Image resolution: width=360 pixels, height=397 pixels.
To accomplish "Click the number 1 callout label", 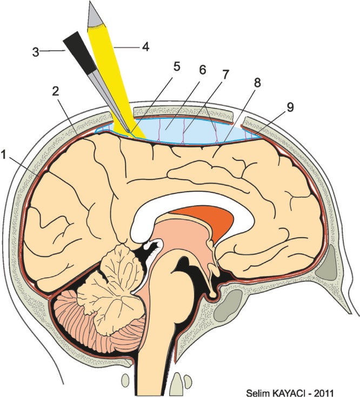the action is pyautogui.click(x=5, y=154).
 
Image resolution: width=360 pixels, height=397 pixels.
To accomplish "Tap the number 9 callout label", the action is pyautogui.click(x=290, y=107).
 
